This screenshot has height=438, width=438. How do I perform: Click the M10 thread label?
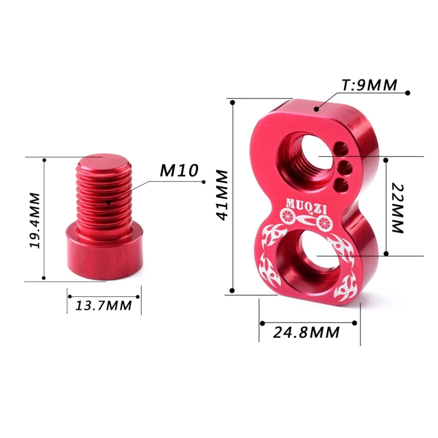point(178,170)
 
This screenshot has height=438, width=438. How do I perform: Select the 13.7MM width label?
point(103,305)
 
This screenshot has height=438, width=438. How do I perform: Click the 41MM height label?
point(222,195)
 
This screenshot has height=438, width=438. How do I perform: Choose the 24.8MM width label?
point(309,332)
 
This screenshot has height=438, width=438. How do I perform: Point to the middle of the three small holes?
point(344,166)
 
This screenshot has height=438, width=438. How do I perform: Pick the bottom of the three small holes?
point(342,183)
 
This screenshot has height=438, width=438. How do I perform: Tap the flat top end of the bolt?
point(103,162)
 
